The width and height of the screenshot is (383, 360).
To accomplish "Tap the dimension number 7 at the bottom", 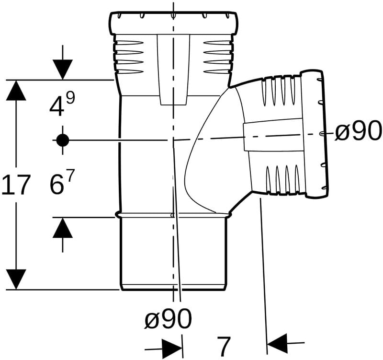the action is click(224, 347).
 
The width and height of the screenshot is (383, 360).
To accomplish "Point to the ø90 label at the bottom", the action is click(169, 319).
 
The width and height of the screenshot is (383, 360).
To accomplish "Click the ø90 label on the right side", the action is click(358, 131).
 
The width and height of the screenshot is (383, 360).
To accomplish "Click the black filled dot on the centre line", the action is click(63, 140).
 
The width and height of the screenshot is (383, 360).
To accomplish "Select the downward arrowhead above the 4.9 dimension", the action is click(63, 70).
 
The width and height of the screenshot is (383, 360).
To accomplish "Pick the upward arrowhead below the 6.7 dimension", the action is click(63, 228).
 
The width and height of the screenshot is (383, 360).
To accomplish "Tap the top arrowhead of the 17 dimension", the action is click(16, 90).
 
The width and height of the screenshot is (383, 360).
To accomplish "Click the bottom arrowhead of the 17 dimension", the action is click(16, 279).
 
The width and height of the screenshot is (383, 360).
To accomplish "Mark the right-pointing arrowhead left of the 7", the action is click(172, 348).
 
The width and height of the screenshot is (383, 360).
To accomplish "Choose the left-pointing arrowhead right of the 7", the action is click(277, 343).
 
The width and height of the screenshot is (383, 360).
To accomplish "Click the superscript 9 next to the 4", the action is click(70, 98).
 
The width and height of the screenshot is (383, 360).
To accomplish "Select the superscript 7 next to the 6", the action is click(69, 176).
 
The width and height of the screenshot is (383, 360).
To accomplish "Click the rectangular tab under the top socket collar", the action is click(173, 70).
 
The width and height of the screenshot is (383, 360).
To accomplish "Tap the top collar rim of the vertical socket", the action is click(173, 23).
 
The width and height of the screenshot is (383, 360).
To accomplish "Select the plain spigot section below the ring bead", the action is click(173, 254).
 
